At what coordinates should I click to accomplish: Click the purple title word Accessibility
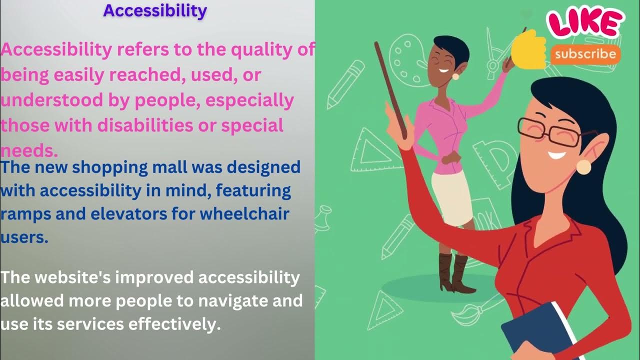pos(155,10)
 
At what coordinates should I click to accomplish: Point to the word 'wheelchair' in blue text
pos(245,214)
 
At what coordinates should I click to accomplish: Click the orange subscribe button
pos(585,54)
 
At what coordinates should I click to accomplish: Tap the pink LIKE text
pos(585,23)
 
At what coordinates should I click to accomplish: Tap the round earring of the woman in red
pos(583,166)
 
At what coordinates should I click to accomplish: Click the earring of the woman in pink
pos(456,76)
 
